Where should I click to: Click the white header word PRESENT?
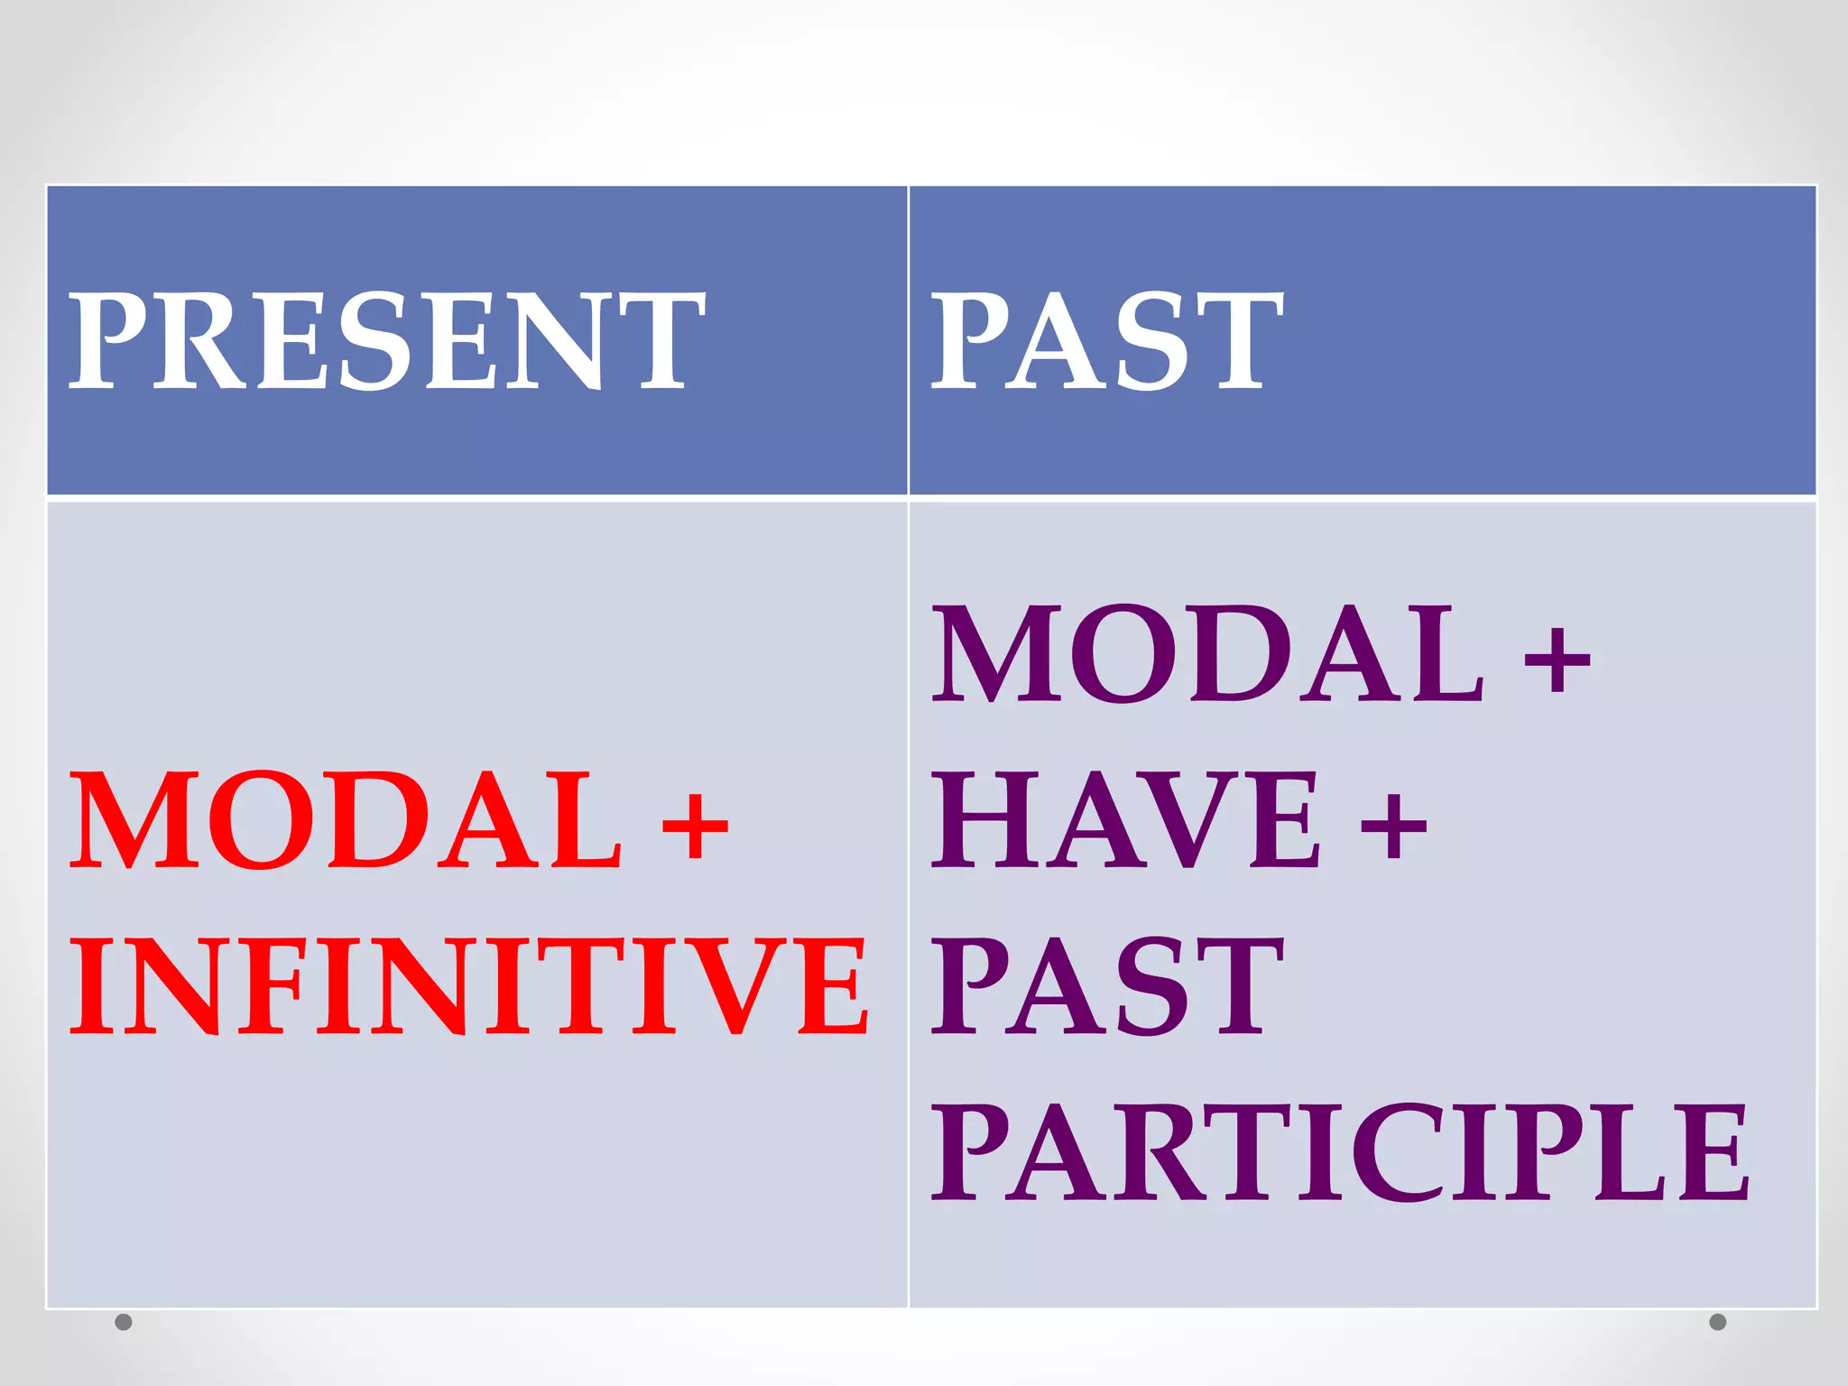[x=386, y=341]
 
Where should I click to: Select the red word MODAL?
[x=346, y=821]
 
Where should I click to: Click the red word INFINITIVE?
[x=469, y=985]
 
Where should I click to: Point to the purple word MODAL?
[x=1207, y=654]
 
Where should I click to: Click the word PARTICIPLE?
[x=1340, y=1153]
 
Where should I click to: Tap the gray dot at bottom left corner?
[x=125, y=1322]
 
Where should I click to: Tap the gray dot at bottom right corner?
[x=1718, y=1322]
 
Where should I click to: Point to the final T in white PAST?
[x=1238, y=341]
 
